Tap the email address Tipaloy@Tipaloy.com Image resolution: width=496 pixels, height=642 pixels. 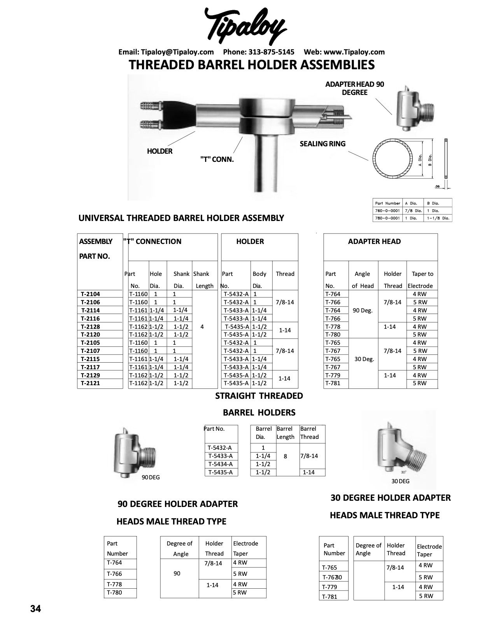(x=177, y=52)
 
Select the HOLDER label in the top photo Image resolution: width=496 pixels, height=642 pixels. (x=159, y=151)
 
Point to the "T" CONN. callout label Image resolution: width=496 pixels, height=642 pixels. (x=217, y=159)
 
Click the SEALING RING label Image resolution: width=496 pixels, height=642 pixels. (x=322, y=144)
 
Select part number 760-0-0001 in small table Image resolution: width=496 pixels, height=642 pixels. (x=387, y=210)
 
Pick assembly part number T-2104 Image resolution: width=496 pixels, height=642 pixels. (x=91, y=294)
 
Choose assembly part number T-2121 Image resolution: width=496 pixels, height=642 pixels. (x=91, y=383)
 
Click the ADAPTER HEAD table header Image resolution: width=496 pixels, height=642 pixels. (x=374, y=242)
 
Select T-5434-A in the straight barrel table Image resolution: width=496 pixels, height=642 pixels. (x=220, y=464)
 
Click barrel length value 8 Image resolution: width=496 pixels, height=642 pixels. (x=286, y=456)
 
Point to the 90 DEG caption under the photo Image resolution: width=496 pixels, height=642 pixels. (x=151, y=477)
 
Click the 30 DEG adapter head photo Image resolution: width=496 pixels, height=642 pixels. (x=399, y=447)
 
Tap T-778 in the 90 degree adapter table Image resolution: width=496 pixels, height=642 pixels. (x=114, y=584)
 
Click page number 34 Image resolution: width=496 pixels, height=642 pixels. (x=35, y=609)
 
